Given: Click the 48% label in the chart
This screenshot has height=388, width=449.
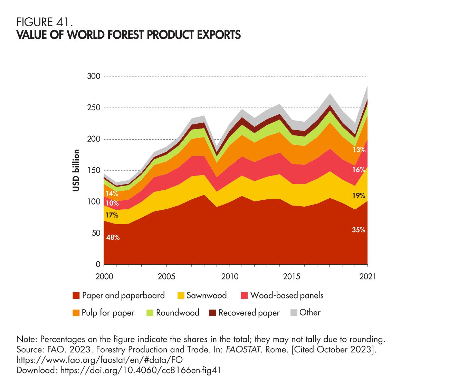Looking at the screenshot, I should (113, 237).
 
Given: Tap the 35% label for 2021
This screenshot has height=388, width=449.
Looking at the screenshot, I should (359, 230).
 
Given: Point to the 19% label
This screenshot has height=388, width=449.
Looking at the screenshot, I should (359, 196).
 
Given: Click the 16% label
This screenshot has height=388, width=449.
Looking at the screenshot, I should (359, 170).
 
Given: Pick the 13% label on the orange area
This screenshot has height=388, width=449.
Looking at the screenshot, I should (359, 150).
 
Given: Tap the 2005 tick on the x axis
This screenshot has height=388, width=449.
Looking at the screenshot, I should (166, 277).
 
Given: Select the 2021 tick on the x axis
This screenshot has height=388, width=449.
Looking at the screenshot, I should (367, 277).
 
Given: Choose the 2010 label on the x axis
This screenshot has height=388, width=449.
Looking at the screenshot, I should (229, 277).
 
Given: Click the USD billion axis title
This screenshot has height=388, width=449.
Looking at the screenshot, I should (76, 170).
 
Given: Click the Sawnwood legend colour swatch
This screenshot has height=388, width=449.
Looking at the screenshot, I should (181, 296).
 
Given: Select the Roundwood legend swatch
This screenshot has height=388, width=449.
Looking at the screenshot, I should (150, 313).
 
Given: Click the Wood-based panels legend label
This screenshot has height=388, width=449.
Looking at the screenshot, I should (287, 295).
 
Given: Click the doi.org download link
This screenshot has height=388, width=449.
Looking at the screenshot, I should (141, 370).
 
